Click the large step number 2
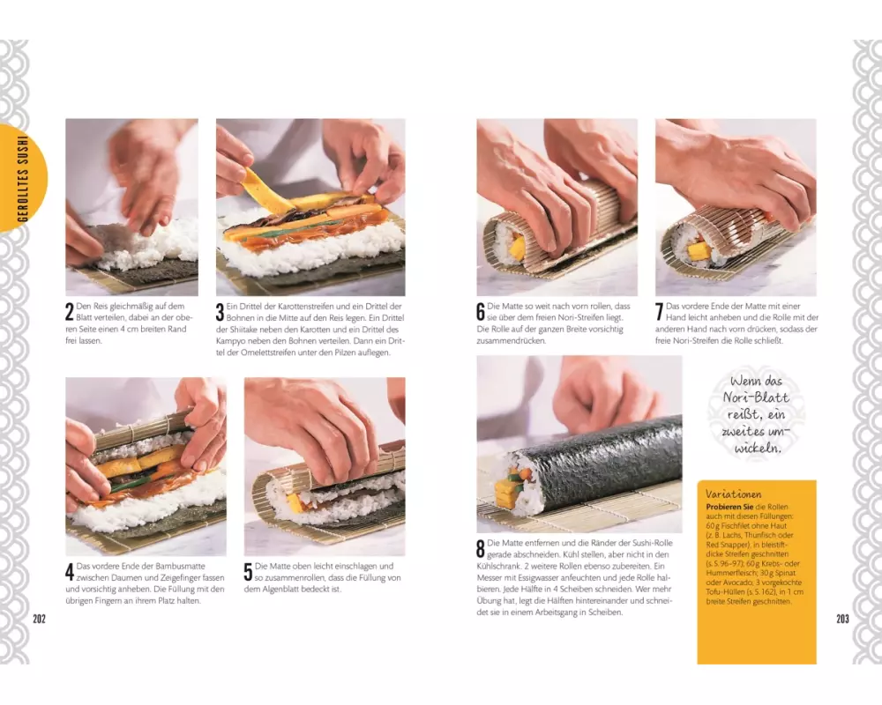(x=70, y=312)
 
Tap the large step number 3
(x=220, y=312)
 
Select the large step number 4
(x=70, y=572)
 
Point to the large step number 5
(x=248, y=572)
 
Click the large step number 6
(x=481, y=312)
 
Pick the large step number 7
(x=659, y=312)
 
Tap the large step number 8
(x=481, y=549)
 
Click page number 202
(x=39, y=619)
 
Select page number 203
(x=842, y=619)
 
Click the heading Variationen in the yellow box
(x=733, y=494)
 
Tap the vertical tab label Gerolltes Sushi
(x=23, y=178)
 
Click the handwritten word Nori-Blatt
(x=756, y=397)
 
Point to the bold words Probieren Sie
(x=730, y=506)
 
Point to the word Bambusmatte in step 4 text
(x=180, y=566)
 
